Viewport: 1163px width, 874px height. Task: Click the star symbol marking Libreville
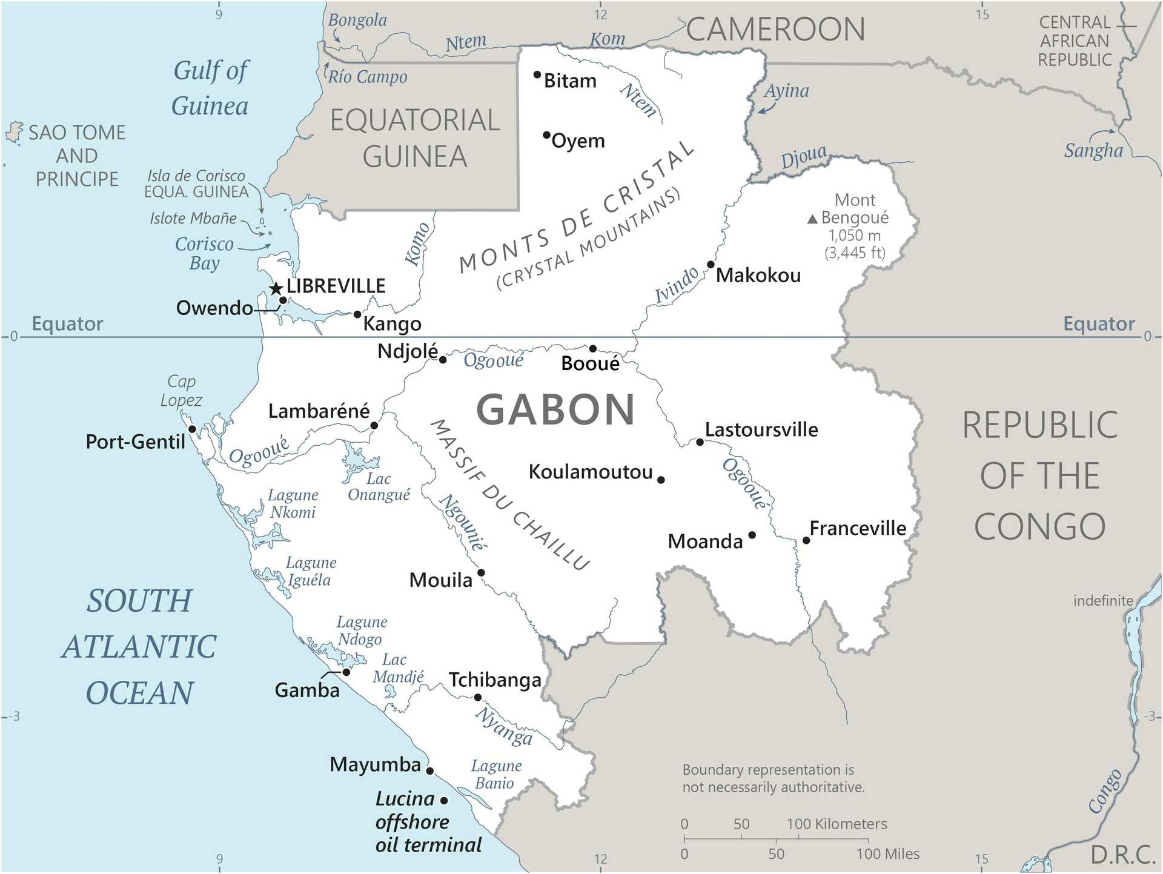[x=276, y=288]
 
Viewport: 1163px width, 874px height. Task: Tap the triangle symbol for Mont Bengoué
[x=813, y=219]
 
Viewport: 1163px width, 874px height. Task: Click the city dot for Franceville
[x=806, y=540]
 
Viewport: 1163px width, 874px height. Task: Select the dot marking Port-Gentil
[x=192, y=429]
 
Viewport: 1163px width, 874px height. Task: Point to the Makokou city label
[x=758, y=276]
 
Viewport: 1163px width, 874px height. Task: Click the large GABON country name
[x=555, y=410]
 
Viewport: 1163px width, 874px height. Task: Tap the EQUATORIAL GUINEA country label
[x=415, y=138]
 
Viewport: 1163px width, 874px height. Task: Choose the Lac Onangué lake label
[x=379, y=487]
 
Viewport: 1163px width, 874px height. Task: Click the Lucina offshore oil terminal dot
[x=444, y=800]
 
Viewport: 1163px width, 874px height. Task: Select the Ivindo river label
[x=677, y=285]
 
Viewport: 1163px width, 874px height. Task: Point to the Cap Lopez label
[x=181, y=391]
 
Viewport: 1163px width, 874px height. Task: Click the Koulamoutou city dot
[x=661, y=480]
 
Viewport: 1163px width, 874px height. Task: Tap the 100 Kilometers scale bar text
[x=837, y=824]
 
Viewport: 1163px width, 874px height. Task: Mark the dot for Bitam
[x=537, y=74]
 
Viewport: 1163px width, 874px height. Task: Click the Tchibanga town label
[x=495, y=680]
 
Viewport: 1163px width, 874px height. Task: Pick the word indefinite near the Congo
[x=1103, y=600]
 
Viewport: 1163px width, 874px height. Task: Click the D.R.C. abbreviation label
[x=1122, y=855]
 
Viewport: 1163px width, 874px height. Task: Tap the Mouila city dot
[x=481, y=572]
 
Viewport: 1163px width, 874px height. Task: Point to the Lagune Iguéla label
[x=310, y=571]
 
